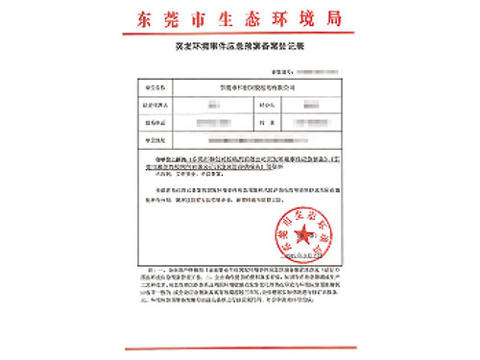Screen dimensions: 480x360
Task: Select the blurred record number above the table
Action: [x=313, y=71]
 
